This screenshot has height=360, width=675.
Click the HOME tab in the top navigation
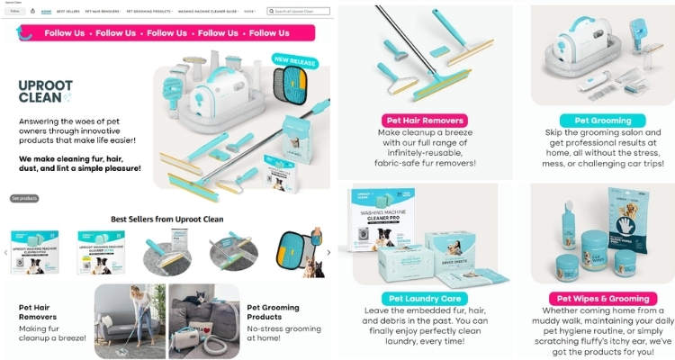pyautogui.click(x=46, y=12)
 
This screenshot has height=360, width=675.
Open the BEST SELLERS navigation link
pyautogui.click(x=67, y=12)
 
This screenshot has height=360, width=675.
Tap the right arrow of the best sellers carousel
pyautogui.click(x=328, y=252)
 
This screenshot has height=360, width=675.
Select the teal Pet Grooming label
pyautogui.click(x=602, y=120)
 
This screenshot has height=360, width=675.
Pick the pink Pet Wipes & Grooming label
pyautogui.click(x=602, y=298)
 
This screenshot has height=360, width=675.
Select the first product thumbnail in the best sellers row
pyautogui.click(x=35, y=252)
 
